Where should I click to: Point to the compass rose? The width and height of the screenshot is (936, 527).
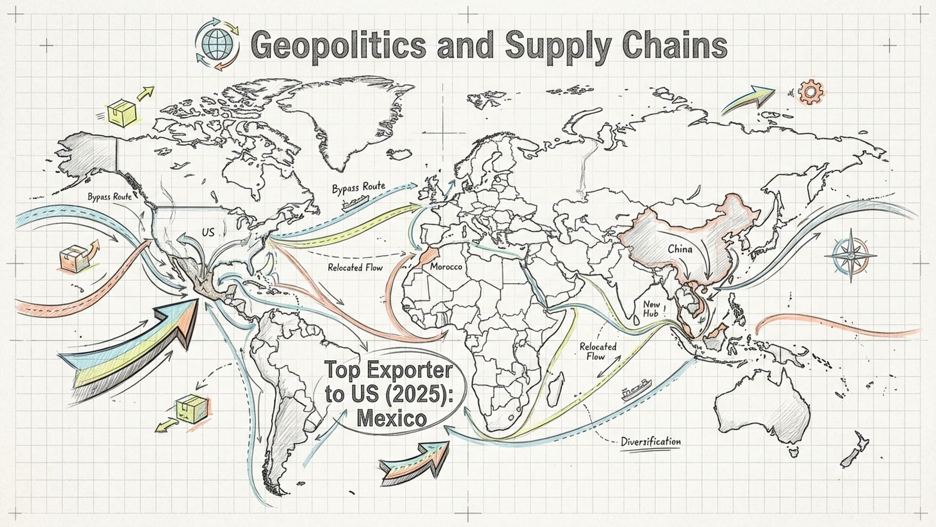coord(850,255)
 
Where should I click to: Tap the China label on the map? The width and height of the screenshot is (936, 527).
coord(680,249)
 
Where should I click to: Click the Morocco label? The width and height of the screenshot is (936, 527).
coord(446,267)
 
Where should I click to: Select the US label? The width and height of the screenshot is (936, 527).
coord(208,232)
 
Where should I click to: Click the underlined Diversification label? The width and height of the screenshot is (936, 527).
coord(651,442)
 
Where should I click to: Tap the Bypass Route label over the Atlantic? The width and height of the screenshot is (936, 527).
coord(358,188)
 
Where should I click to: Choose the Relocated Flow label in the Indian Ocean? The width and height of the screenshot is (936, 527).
coord(598,351)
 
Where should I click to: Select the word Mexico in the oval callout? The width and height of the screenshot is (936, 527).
coord(391,418)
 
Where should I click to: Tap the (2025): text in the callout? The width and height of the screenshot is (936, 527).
coord(420,394)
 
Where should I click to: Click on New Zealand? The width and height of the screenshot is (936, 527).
coord(853,454)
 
